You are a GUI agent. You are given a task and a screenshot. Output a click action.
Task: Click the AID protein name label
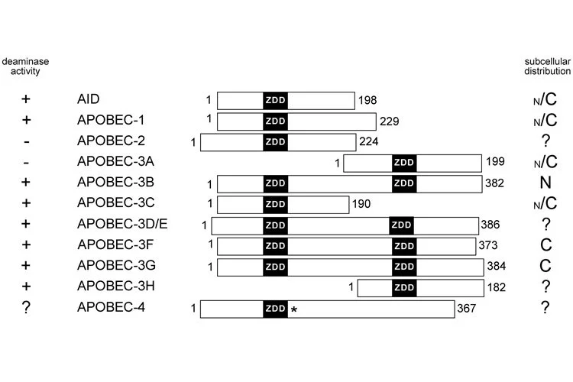tap(89, 99)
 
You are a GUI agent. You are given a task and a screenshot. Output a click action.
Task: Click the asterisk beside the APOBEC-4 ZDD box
tap(293, 309)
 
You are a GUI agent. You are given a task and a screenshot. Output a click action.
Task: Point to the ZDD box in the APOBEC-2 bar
tap(275, 141)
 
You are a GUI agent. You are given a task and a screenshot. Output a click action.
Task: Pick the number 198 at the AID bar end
tap(367, 100)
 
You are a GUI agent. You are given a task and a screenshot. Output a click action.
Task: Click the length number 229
tap(389, 121)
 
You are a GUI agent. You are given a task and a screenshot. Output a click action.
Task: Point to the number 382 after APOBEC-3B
tap(495, 183)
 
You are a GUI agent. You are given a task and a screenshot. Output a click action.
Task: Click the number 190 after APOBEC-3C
tap(361, 204)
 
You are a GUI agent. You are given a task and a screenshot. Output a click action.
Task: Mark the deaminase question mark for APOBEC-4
tap(28, 308)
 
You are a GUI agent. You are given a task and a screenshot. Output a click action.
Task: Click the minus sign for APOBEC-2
tap(28, 141)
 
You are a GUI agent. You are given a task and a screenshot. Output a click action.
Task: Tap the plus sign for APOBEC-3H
tap(28, 286)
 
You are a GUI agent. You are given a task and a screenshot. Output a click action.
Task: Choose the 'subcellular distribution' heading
tap(547, 66)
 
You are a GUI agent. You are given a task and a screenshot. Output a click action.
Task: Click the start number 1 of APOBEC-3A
tap(337, 162)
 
